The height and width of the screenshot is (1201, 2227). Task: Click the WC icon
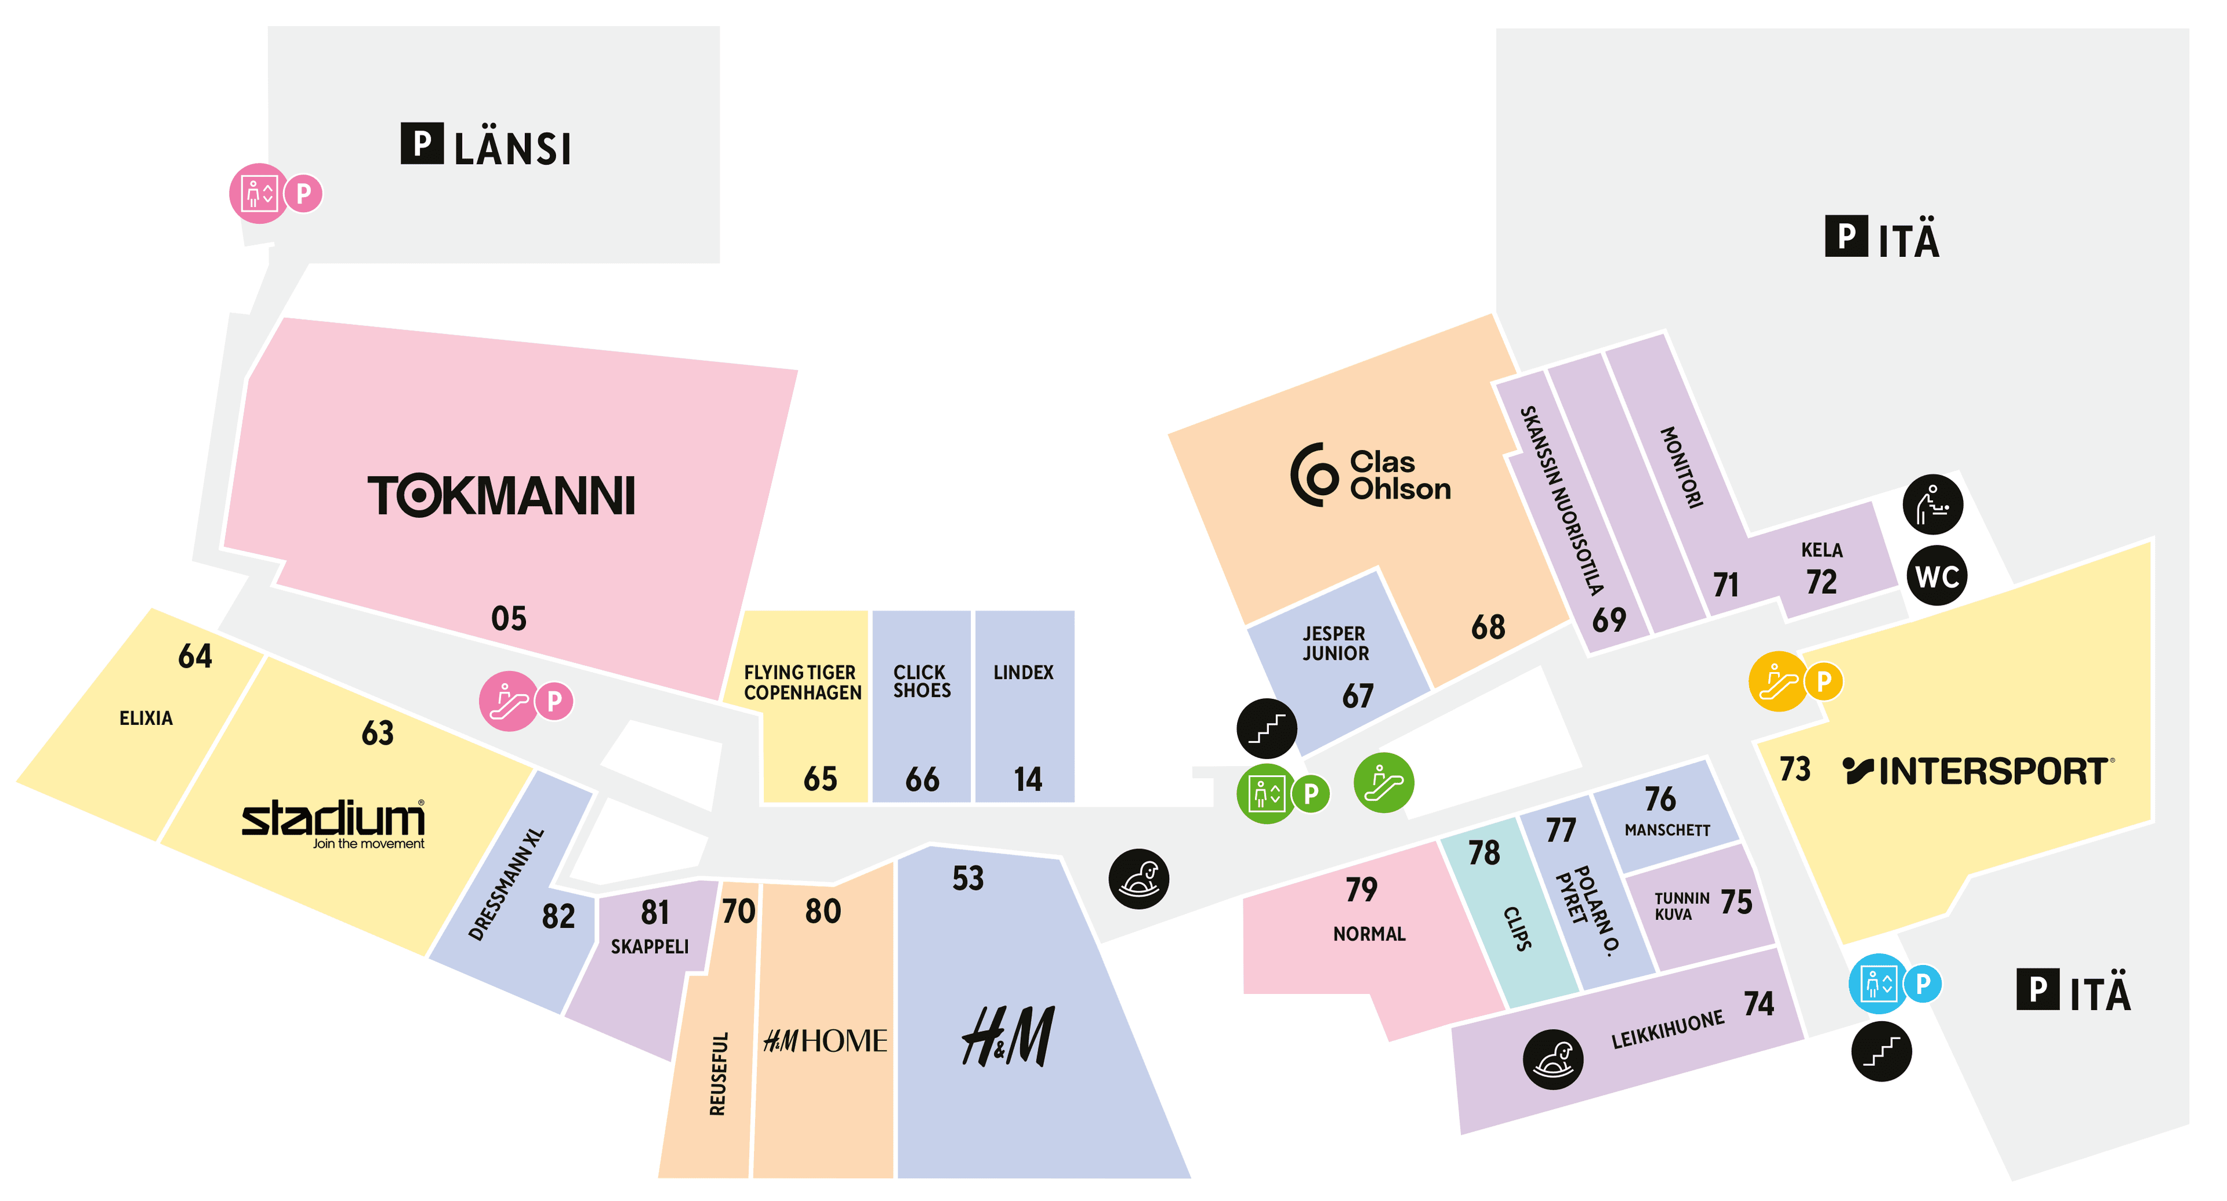pos(1936,576)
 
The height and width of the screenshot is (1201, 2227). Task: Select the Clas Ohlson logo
pos(1370,475)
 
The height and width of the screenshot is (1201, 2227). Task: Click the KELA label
pos(1822,550)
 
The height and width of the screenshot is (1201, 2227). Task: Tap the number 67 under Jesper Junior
pos(1357,696)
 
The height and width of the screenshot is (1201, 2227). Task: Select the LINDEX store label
pos(1024,673)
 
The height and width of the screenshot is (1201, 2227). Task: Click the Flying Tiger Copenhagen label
pos(802,682)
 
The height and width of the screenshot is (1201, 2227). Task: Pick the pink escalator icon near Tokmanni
pos(509,701)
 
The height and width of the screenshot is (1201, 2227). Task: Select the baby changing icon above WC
pos(1933,504)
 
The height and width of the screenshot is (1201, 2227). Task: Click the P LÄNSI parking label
pos(486,145)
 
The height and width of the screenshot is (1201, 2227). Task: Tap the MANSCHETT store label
pos(1667,830)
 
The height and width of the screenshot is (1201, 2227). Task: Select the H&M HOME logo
pos(825,1040)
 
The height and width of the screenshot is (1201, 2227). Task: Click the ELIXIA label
pos(146,719)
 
